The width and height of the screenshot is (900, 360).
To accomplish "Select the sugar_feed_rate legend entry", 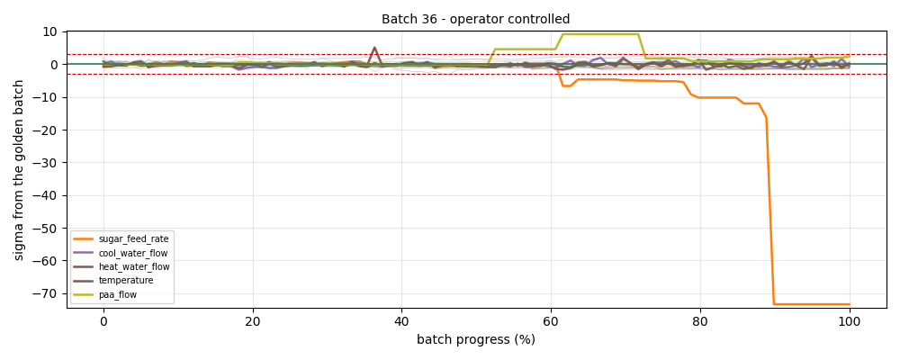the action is pyautogui.click(x=121, y=238).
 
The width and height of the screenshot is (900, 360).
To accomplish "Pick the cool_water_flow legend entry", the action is pyautogui.click(x=121, y=252).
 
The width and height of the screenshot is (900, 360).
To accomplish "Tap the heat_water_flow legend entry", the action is pyautogui.click(x=121, y=266).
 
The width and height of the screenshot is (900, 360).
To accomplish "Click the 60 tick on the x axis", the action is pyautogui.click(x=551, y=321).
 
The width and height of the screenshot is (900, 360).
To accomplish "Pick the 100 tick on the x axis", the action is pyautogui.click(x=850, y=321).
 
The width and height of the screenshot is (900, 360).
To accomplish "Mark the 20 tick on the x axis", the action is pyautogui.click(x=253, y=321).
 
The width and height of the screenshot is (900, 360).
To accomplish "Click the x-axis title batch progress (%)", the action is pyautogui.click(x=476, y=339).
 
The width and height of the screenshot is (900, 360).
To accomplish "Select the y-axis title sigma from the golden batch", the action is pyautogui.click(x=19, y=170).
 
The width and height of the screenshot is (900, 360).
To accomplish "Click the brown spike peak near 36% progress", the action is pyautogui.click(x=374, y=47).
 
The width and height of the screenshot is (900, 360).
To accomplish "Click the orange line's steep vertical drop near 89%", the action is pyautogui.click(x=770, y=210).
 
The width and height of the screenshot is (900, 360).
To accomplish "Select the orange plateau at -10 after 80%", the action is pyautogui.click(x=717, y=97).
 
